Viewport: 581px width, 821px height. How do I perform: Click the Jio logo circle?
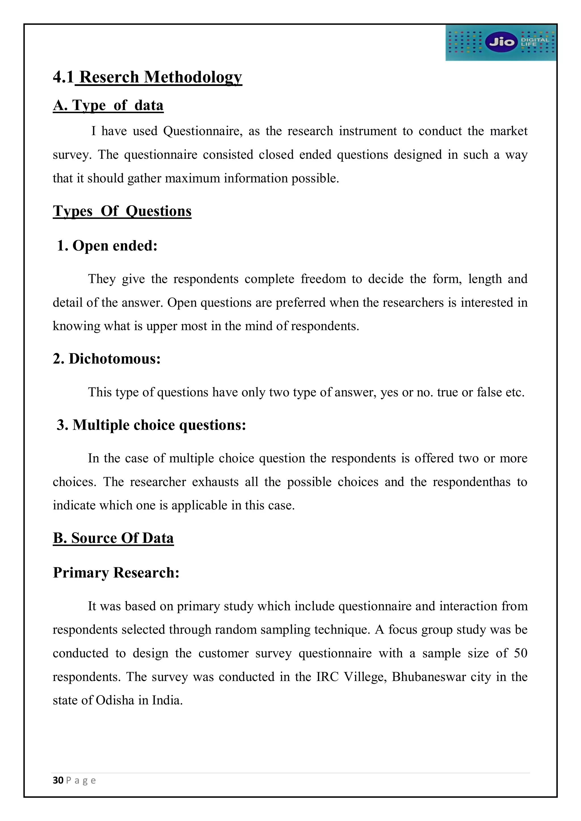(x=501, y=42)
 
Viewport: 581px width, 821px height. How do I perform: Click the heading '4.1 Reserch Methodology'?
(x=148, y=77)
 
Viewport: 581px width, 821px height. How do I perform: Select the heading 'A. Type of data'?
(x=108, y=105)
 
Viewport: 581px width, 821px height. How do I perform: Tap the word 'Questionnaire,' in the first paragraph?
(x=203, y=131)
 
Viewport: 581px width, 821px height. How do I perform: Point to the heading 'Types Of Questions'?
(x=122, y=211)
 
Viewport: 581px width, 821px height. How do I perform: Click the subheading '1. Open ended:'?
(x=107, y=246)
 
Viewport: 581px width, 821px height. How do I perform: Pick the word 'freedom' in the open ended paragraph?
(x=323, y=279)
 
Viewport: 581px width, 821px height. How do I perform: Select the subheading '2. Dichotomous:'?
(x=107, y=359)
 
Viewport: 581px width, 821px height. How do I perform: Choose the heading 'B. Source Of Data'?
(x=113, y=538)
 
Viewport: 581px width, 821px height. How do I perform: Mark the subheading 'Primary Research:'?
(x=116, y=572)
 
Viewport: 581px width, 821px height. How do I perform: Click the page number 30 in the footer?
(x=58, y=780)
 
